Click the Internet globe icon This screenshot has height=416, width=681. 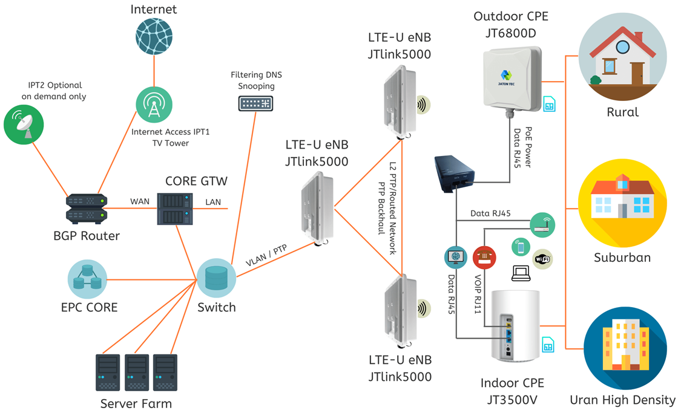(154, 36)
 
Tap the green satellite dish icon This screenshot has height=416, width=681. (24, 125)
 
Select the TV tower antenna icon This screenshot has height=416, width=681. (154, 105)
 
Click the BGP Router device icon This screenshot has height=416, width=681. (87, 209)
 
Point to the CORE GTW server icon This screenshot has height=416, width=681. (174, 209)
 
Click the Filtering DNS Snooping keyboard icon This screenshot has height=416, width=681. (256, 103)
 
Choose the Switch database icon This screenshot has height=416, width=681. (216, 278)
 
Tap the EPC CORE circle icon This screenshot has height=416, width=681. (87, 279)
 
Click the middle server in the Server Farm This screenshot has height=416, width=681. (137, 372)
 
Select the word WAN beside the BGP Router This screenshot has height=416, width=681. (140, 202)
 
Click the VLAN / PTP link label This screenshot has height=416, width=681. (266, 255)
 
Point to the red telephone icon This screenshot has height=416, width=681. (484, 257)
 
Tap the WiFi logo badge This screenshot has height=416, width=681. (542, 259)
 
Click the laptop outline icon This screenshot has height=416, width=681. (521, 274)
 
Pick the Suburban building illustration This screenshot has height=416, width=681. (623, 203)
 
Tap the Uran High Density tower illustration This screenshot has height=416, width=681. (625, 348)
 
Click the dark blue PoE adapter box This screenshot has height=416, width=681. (454, 174)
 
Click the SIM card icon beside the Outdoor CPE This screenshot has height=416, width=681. (550, 103)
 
